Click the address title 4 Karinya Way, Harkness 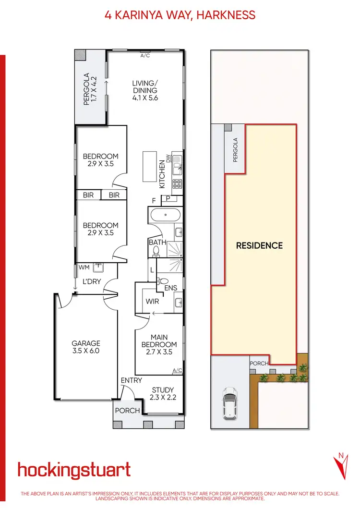(180, 14)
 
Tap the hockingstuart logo (74, 470)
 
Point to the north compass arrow (340, 466)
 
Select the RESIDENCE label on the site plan (259, 245)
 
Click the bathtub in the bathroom (165, 216)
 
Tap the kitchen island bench (150, 166)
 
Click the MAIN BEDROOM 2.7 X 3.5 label (159, 344)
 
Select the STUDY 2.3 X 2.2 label (163, 394)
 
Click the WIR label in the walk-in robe (152, 302)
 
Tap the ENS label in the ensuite (171, 289)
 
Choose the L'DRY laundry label (91, 281)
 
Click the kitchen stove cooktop (177, 183)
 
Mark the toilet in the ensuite (163, 281)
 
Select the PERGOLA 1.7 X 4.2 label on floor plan (90, 89)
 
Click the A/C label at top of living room (145, 55)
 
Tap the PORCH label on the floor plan (128, 411)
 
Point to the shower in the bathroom (175, 250)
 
